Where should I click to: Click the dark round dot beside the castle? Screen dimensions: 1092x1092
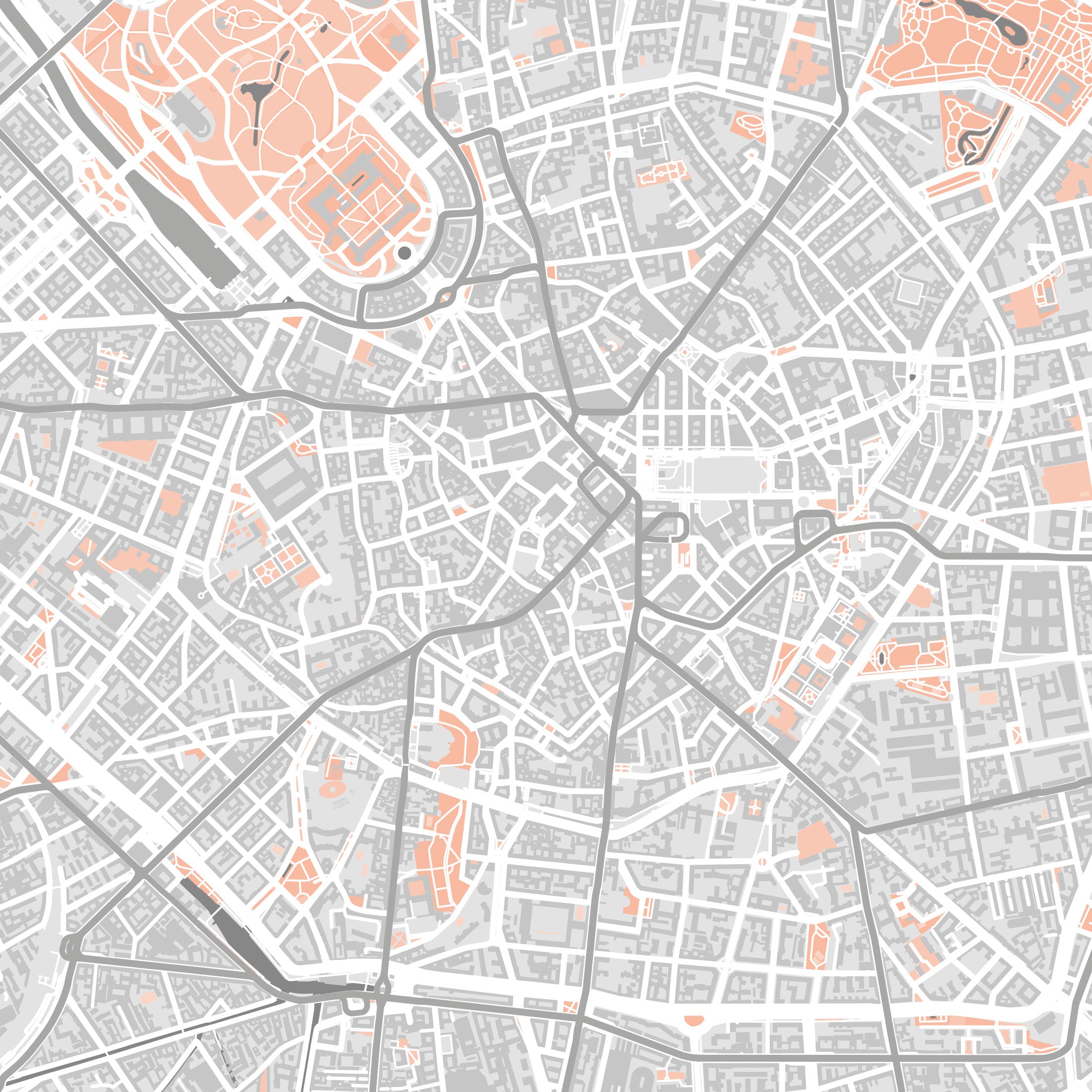404,253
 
